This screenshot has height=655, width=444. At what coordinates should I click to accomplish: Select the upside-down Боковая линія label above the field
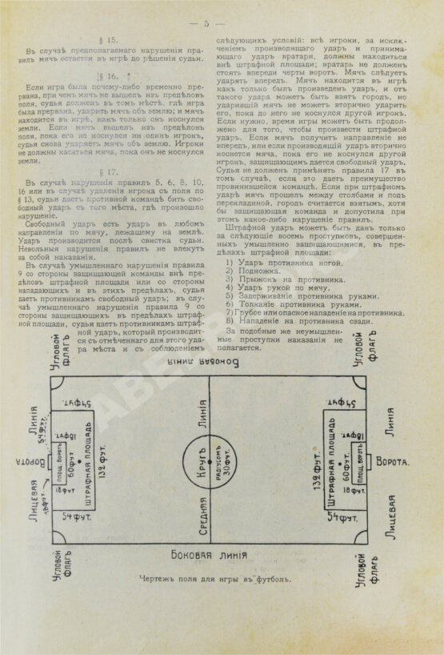click(x=210, y=362)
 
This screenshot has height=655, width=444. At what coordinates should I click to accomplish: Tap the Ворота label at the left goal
click(x=27, y=462)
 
